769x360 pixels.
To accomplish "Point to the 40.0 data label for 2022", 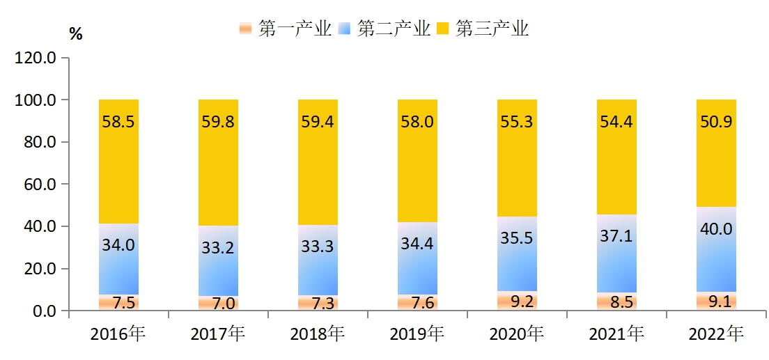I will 716,228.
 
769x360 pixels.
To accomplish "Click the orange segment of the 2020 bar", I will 517,301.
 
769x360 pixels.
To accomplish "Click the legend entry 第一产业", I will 285,29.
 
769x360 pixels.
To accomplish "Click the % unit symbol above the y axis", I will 75,34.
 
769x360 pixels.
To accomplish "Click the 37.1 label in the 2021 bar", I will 616,236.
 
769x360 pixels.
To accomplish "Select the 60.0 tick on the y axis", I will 39,185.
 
